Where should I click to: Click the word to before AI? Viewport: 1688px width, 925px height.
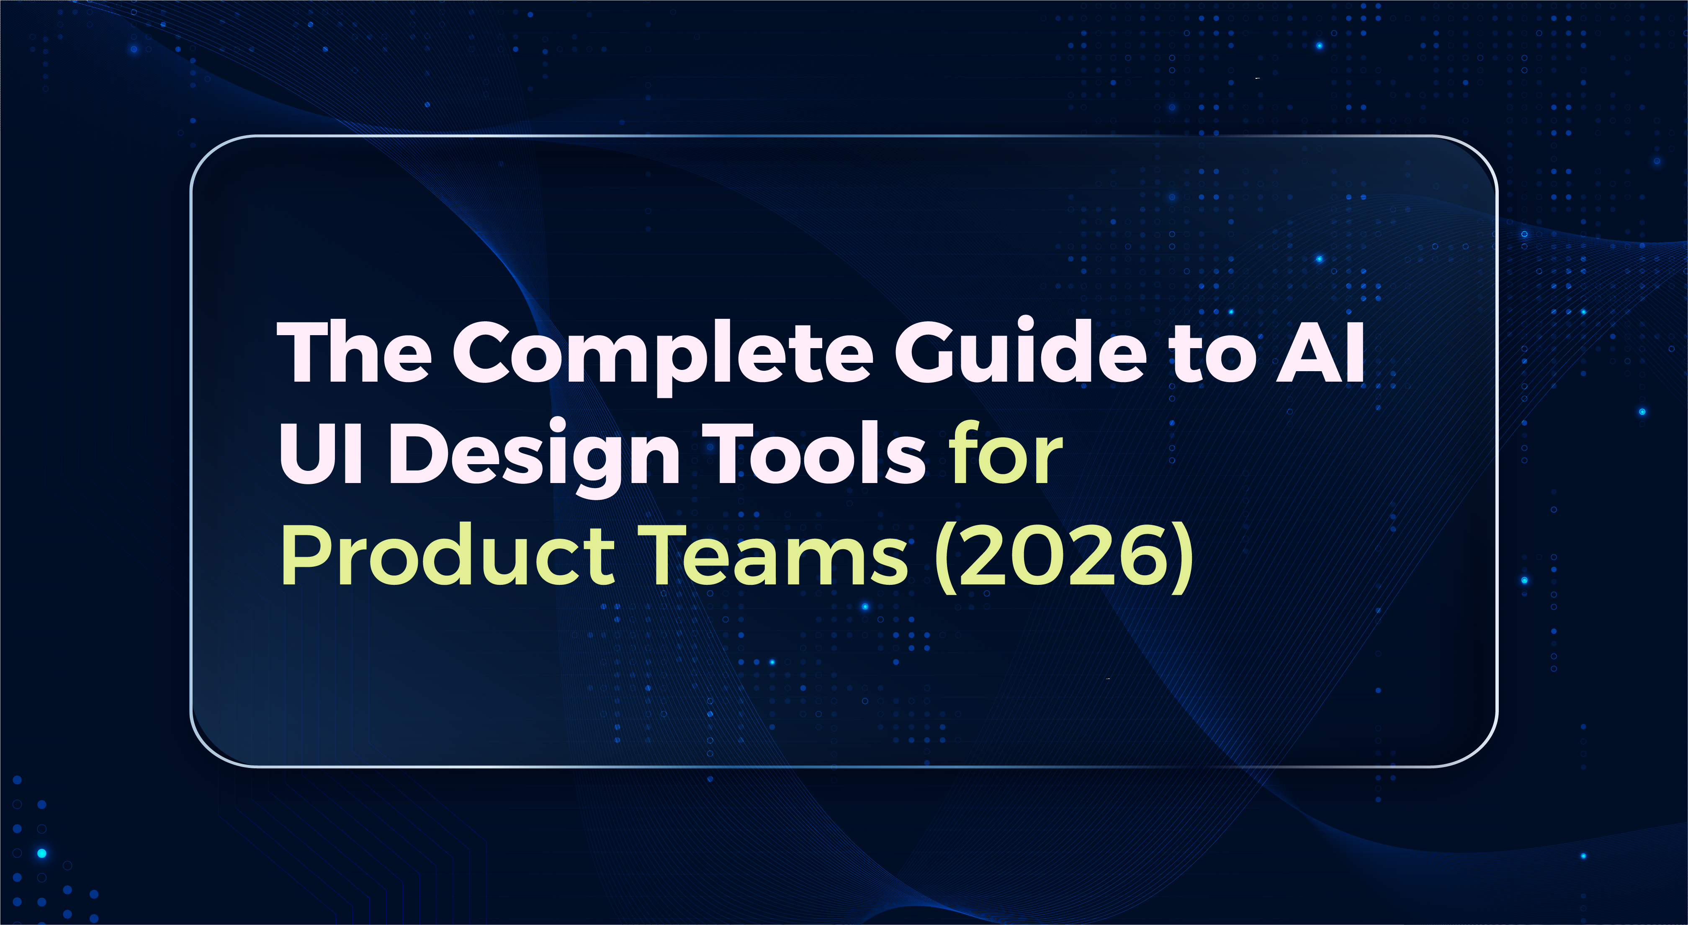(1213, 357)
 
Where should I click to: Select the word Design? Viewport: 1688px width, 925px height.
(534, 456)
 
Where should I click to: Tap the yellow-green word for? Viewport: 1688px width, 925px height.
(1006, 452)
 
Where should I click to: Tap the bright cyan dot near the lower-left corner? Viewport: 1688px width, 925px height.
(42, 853)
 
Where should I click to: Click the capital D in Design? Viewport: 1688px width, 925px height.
(416, 452)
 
